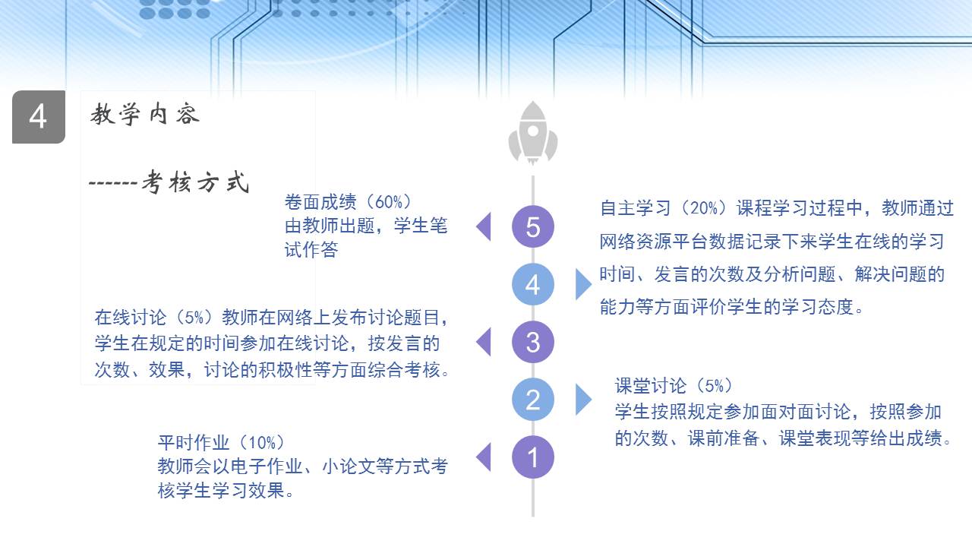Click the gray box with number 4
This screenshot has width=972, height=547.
pos(39,117)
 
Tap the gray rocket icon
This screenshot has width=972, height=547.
pos(533,133)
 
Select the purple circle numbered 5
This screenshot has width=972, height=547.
pos(533,226)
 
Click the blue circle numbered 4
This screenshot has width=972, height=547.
pos(533,284)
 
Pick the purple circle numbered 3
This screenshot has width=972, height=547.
pos(533,342)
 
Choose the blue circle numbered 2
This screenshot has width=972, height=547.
pos(533,400)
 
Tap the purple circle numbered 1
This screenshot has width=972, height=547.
pos(533,457)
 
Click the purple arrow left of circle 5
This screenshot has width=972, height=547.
pos(484,226)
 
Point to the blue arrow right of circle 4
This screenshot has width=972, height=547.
pos(584,284)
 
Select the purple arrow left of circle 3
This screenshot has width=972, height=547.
pos(484,342)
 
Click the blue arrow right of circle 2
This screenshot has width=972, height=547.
pos(584,400)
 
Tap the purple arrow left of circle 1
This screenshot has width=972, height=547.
pos(484,457)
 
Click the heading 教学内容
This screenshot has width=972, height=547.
pos(145,114)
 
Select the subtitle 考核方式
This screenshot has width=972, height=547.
pos(196,182)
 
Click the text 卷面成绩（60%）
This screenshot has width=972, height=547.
pos(348,202)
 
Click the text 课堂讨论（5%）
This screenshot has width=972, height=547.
pos(674,385)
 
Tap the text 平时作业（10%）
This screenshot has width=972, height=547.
pos(221,442)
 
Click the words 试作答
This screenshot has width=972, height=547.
pos(311,250)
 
